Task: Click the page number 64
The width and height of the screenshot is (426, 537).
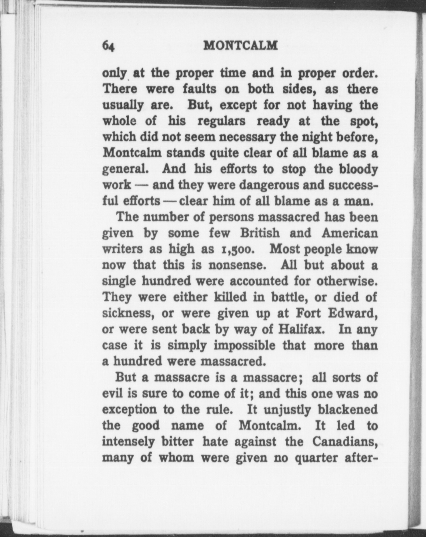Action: (109, 46)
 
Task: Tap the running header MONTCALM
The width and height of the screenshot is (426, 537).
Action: (240, 45)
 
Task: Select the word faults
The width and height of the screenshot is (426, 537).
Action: (200, 89)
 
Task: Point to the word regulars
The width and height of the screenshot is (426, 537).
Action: (221, 121)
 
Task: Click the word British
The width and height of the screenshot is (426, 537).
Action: (260, 233)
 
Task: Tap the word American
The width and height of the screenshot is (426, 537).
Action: (350, 233)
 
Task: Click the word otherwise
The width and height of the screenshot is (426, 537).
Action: (347, 281)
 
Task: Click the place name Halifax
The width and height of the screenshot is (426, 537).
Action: (300, 329)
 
